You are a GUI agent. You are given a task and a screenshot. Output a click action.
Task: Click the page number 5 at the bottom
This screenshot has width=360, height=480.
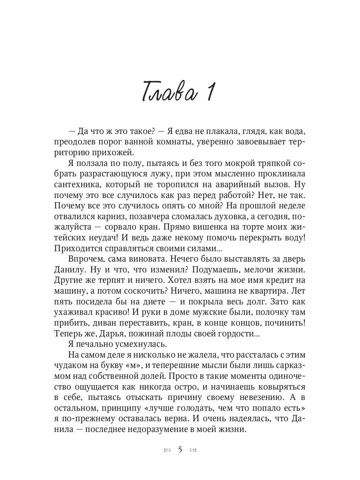(180, 450)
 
